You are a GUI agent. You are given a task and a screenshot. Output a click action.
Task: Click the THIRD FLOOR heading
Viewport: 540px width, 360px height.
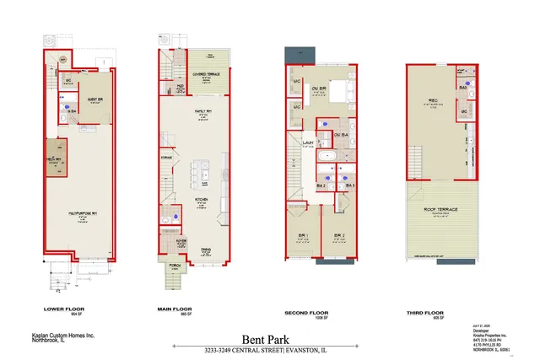(434, 308)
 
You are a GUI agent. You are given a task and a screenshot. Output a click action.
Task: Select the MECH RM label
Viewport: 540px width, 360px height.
(52, 159)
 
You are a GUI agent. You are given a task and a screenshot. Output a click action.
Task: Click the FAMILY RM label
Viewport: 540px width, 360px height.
(202, 110)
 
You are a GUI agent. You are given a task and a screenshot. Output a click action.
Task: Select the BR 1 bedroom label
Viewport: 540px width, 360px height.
(301, 235)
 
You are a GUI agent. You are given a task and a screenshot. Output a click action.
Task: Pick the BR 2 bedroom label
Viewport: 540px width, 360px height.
(338, 235)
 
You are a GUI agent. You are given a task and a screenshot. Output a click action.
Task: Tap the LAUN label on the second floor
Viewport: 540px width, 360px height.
(309, 143)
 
